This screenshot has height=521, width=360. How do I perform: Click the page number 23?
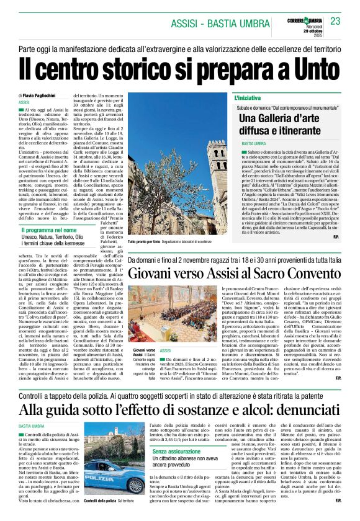tap(335, 21)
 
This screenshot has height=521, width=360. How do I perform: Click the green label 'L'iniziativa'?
tap(248, 98)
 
